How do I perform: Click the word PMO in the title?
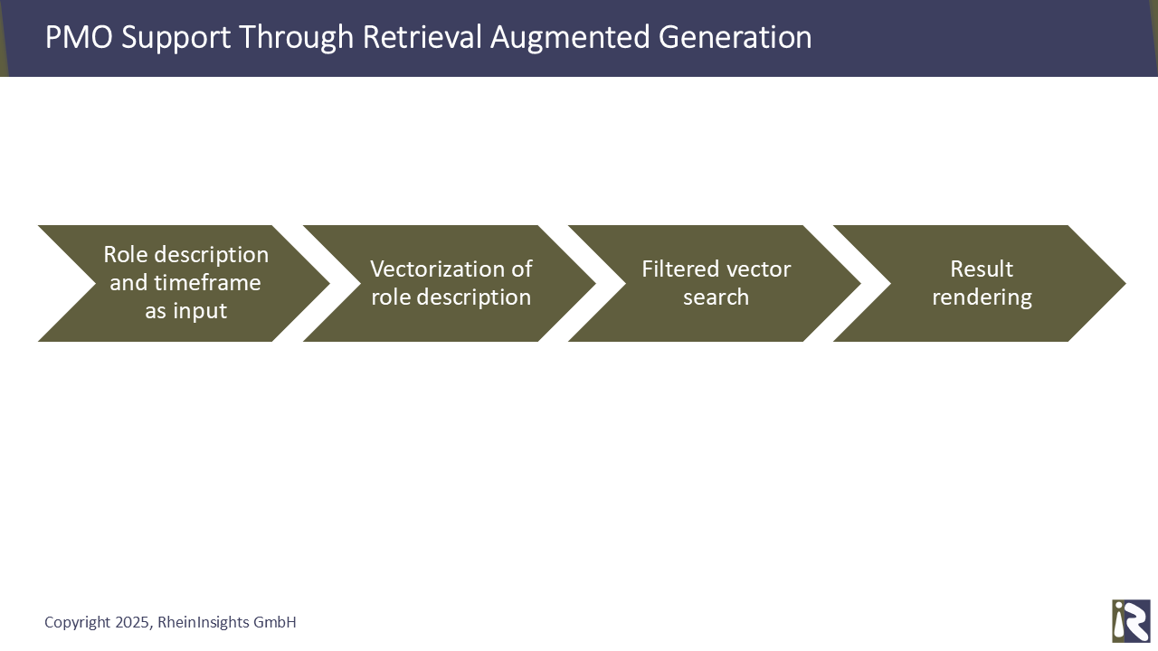click(x=79, y=37)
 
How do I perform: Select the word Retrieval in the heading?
click(x=422, y=37)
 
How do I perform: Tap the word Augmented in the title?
click(x=570, y=38)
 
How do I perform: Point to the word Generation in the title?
click(x=735, y=37)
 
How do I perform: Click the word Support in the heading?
click(x=176, y=38)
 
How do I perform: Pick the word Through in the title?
click(x=296, y=38)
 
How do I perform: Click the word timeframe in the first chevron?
click(x=207, y=283)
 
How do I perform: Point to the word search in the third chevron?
click(x=716, y=297)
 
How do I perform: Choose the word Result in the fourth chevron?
click(x=982, y=269)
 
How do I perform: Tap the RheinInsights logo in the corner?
click(x=1131, y=620)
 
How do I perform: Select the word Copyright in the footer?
click(x=78, y=623)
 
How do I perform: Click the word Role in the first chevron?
click(x=126, y=255)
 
